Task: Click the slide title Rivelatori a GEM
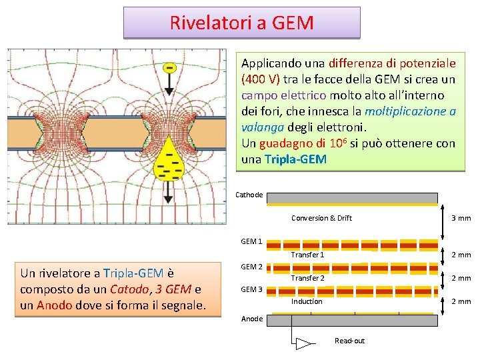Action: pyautogui.click(x=241, y=23)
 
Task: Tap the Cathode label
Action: pyautogui.click(x=250, y=195)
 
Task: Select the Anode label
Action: pyautogui.click(x=251, y=319)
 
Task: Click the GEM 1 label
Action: pyautogui.click(x=251, y=241)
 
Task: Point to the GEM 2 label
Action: pyautogui.click(x=251, y=267)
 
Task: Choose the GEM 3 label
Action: pyautogui.click(x=251, y=289)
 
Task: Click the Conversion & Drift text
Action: pyautogui.click(x=321, y=218)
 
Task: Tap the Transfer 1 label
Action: pyautogui.click(x=307, y=255)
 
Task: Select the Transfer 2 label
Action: pyautogui.click(x=307, y=278)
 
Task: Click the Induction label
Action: pyautogui.click(x=307, y=301)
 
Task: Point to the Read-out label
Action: pyautogui.click(x=349, y=341)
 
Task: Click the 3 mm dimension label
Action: pyautogui.click(x=461, y=218)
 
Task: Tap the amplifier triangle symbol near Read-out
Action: pyautogui.click(x=304, y=344)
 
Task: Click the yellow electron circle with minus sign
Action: pyautogui.click(x=171, y=68)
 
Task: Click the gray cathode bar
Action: pyautogui.click(x=352, y=198)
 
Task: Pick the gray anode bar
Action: pyautogui.click(x=352, y=320)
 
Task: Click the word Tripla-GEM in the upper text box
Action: pyautogui.click(x=295, y=159)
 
